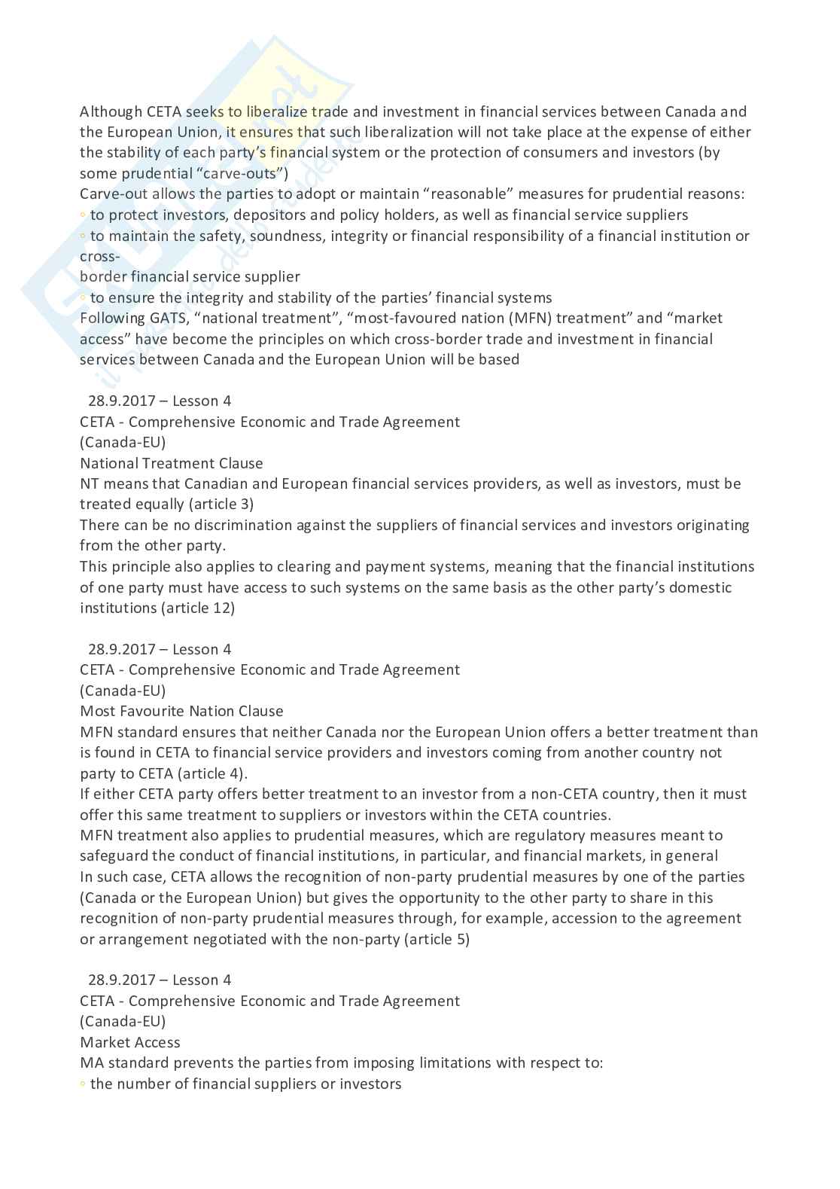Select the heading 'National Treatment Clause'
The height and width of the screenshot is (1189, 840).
point(172,463)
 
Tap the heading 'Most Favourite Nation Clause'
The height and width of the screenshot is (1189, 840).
point(181,711)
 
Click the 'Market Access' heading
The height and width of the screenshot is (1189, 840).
point(130,1042)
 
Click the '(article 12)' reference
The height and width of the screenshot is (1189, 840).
point(197,608)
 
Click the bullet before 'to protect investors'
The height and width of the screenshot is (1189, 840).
point(83,215)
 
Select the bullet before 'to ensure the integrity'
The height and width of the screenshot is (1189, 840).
point(83,298)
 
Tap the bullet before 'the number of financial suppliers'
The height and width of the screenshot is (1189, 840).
point(83,1084)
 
